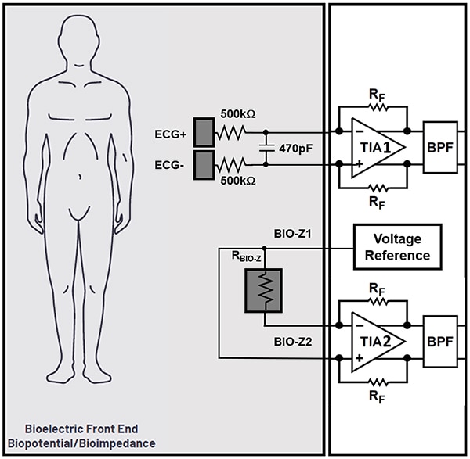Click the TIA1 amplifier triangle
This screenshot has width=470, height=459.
[x=374, y=147]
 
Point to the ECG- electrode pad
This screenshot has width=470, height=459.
[x=204, y=163]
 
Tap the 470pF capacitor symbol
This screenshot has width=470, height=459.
[x=266, y=147]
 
